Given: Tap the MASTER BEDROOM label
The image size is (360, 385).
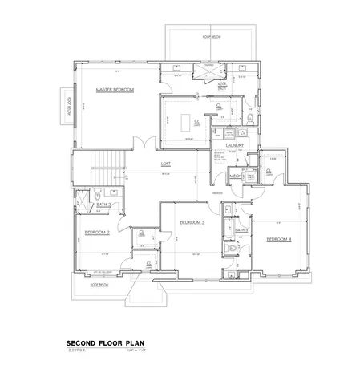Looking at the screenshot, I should (114, 89).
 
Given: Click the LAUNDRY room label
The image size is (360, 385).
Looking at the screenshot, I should (234, 145).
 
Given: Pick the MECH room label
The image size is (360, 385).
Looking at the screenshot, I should (235, 176).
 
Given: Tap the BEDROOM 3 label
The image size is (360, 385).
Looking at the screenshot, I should (192, 221).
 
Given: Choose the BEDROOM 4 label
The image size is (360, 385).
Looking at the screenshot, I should (278, 239).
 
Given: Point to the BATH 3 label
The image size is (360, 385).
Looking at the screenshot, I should (241, 230).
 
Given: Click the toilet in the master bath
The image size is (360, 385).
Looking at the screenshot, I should (250, 118).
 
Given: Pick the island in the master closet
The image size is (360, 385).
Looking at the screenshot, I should (190, 122).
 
